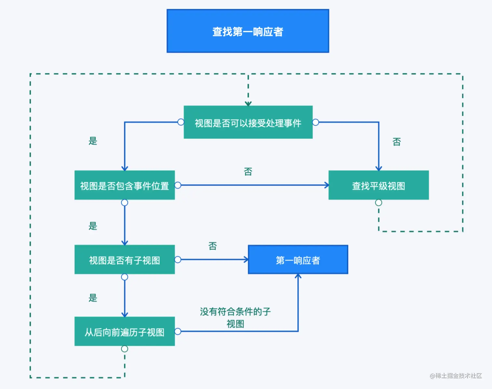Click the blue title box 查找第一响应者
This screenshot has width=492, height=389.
(248, 31)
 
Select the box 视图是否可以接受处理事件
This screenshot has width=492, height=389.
(248, 122)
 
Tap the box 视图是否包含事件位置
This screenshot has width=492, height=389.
(124, 185)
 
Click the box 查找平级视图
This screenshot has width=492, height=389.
(378, 185)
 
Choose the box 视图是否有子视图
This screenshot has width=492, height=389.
(124, 260)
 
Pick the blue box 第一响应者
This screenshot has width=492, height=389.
(298, 260)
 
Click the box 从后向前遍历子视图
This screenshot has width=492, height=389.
(124, 331)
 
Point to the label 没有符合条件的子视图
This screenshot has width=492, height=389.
(235, 317)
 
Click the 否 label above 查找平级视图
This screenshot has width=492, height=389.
(396, 142)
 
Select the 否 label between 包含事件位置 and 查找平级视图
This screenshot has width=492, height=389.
(248, 172)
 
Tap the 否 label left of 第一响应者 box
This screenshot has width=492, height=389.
(212, 246)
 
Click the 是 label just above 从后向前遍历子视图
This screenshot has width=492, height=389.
(93, 298)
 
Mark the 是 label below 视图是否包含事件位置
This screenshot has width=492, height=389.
(93, 226)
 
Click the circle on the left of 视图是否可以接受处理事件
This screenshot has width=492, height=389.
(181, 122)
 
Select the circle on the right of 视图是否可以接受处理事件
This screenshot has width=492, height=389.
(315, 122)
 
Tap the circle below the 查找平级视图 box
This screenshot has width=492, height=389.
(378, 202)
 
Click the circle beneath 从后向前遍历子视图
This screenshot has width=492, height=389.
(124, 349)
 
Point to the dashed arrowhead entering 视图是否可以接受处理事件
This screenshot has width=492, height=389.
(248, 104)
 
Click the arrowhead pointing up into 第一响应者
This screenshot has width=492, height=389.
(298, 276)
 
